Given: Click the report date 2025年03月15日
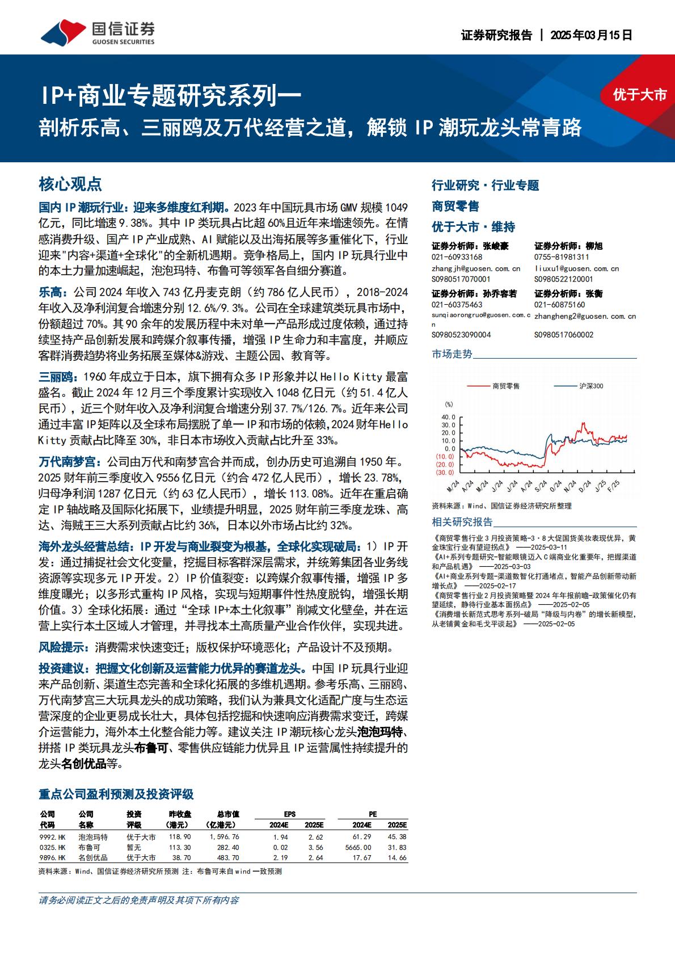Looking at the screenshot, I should pyautogui.click(x=591, y=35).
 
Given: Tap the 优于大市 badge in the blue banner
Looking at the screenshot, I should pyautogui.click(x=639, y=95).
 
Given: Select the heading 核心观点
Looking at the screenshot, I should pyautogui.click(x=70, y=184).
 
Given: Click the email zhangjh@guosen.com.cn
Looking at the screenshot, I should pyautogui.click(x=475, y=268).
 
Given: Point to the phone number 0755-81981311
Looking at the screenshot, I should pyautogui.click(x=562, y=257).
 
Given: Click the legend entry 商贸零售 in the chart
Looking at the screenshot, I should pyautogui.click(x=506, y=386).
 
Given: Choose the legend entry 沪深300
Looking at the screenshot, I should pyautogui.click(x=591, y=386).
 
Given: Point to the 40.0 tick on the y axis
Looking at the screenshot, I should pyautogui.click(x=448, y=417).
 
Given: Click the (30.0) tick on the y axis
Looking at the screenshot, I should pyautogui.click(x=445, y=472).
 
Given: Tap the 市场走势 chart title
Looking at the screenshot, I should pyautogui.click(x=452, y=354).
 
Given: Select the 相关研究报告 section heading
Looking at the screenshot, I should pyautogui.click(x=462, y=522).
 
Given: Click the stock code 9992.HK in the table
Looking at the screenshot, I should pyautogui.click(x=52, y=836).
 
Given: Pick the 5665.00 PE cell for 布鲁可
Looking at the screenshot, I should pyautogui.click(x=357, y=847).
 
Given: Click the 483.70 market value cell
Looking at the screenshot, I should pyautogui.click(x=228, y=858).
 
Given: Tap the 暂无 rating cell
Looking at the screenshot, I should pyautogui.click(x=134, y=847).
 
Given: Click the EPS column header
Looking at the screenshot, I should pyautogui.click(x=289, y=814).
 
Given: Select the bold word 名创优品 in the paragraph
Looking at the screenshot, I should pyautogui.click(x=84, y=764).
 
